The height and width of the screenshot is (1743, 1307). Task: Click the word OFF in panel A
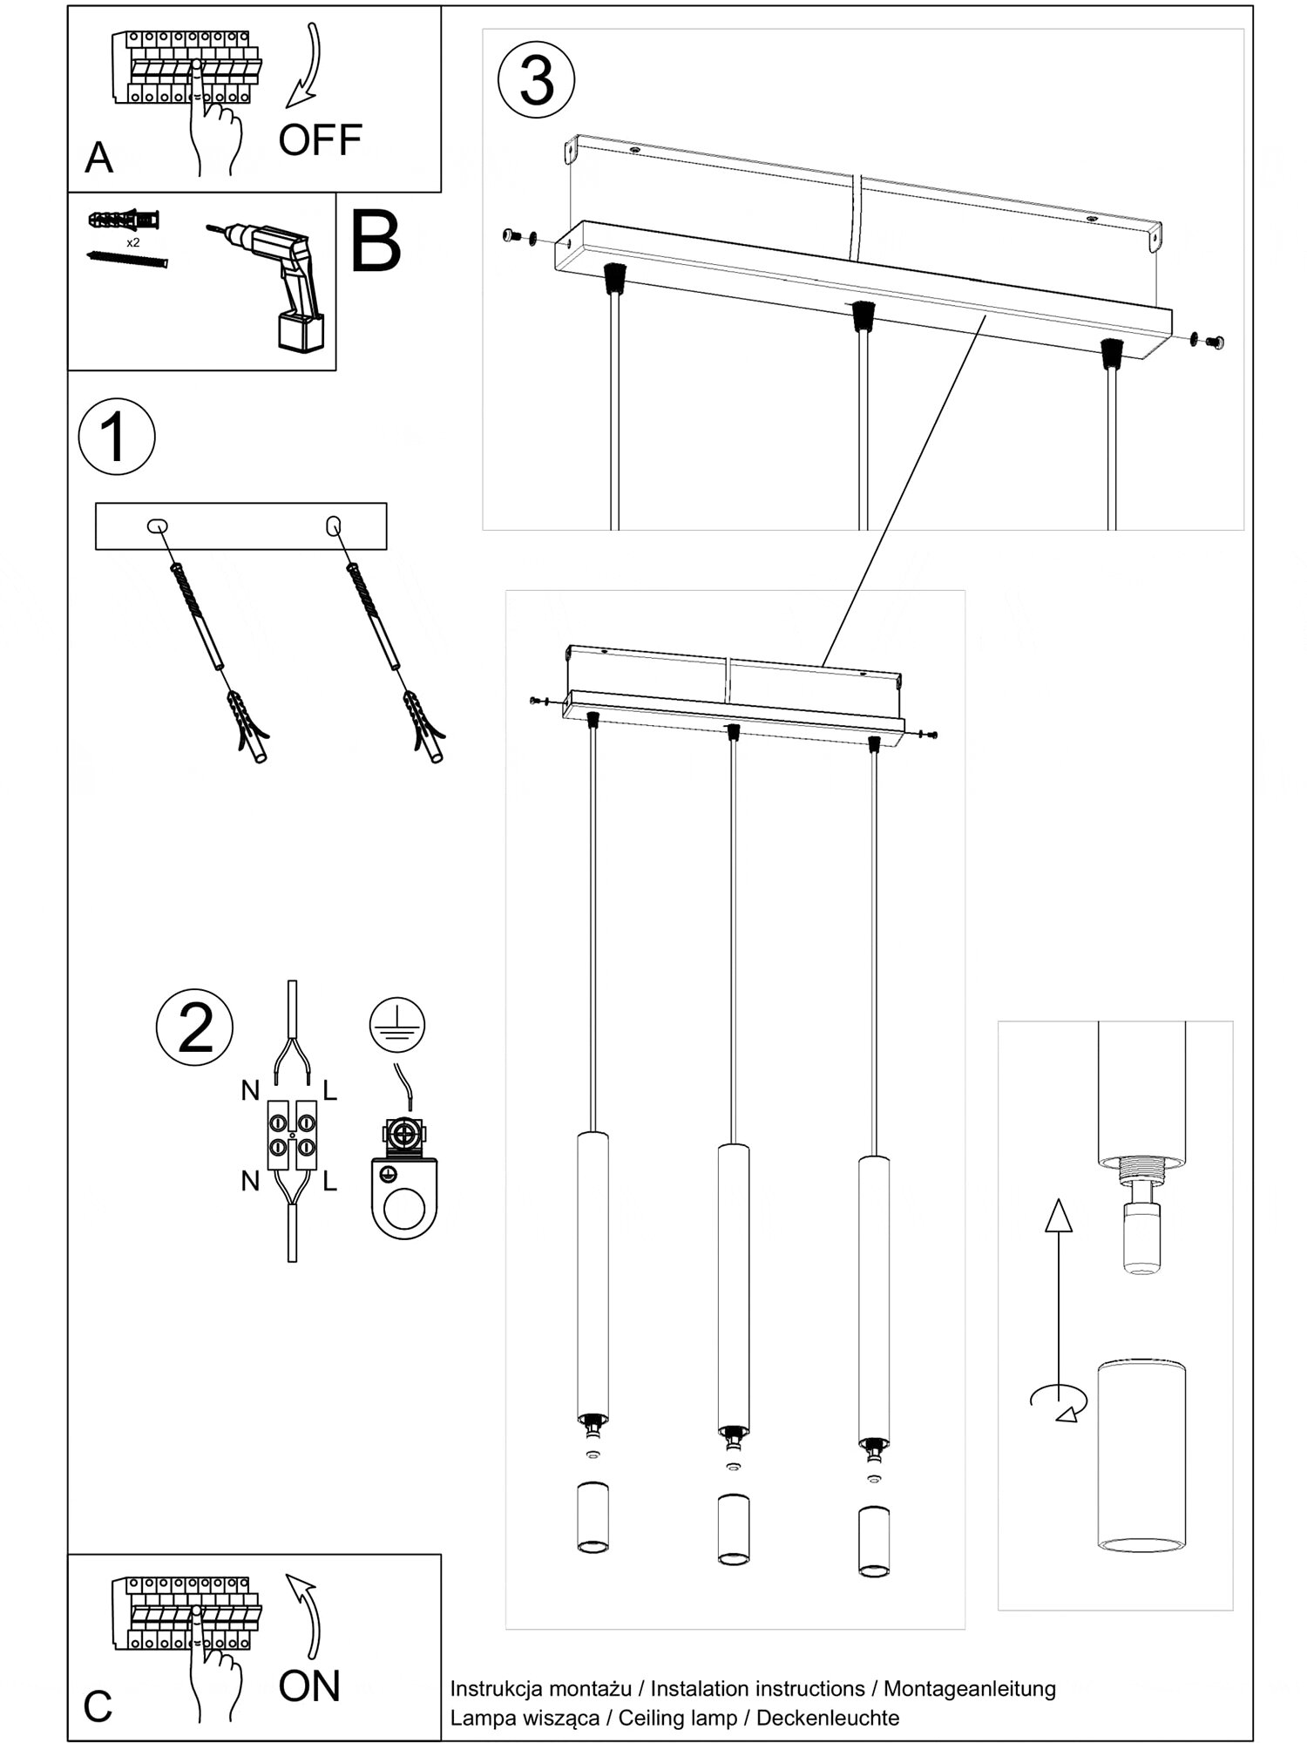click(320, 140)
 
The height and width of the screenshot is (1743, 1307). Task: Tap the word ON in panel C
click(309, 1685)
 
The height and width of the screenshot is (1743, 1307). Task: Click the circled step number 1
click(117, 437)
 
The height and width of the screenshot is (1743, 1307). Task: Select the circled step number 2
click(194, 1027)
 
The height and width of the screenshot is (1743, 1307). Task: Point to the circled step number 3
click(536, 79)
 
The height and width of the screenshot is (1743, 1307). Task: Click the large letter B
click(376, 242)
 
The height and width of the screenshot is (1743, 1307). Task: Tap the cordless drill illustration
click(279, 284)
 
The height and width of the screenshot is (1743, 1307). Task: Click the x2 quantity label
click(132, 242)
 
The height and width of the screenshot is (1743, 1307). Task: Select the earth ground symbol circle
click(397, 1025)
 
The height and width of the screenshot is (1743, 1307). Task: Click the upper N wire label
click(250, 1089)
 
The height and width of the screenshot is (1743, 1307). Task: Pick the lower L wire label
click(330, 1182)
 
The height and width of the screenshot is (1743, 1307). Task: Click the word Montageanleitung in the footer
click(969, 1688)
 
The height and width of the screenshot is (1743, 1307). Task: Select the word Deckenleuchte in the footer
click(827, 1718)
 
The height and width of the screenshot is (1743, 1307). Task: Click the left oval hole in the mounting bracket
click(158, 526)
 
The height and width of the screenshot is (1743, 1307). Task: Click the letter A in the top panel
click(99, 158)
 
